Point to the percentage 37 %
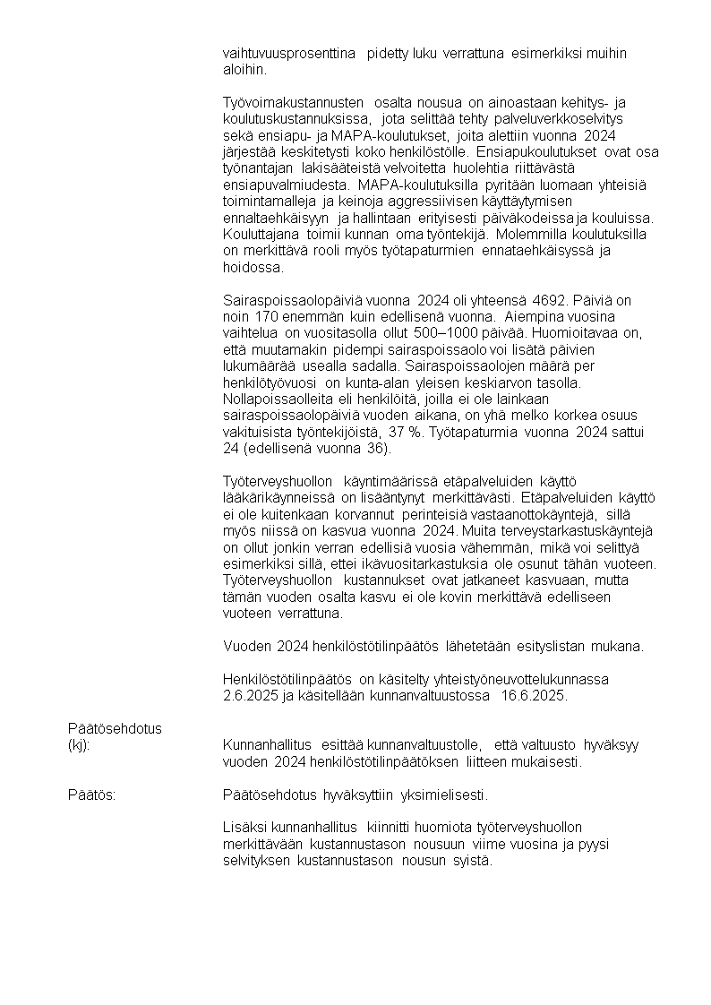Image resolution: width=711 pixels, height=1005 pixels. point(404,432)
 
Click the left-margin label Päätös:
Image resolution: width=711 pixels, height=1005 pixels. point(91,795)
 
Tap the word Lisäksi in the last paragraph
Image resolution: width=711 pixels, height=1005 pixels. point(244,828)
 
